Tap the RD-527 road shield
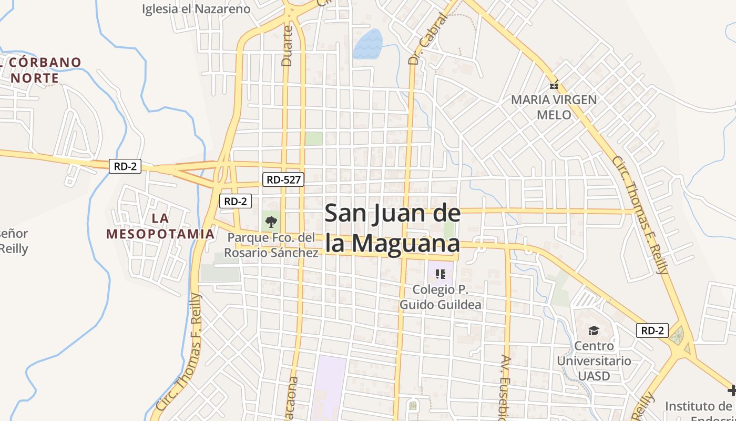(x=283, y=179)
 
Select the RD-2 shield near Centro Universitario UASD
(x=652, y=330)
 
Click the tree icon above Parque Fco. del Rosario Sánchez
(x=271, y=222)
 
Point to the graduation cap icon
(x=594, y=330)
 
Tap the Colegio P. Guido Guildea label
(x=441, y=297)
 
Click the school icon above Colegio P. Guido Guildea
(x=441, y=274)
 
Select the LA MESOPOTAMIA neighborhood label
(x=160, y=226)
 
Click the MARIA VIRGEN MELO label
(x=554, y=107)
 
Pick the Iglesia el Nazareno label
(x=196, y=9)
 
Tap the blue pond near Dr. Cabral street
(x=367, y=44)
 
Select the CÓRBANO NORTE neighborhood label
(x=43, y=70)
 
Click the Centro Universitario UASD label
(x=594, y=361)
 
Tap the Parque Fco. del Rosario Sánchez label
(x=271, y=245)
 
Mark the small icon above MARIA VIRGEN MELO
(x=554, y=85)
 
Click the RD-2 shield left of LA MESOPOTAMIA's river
(x=125, y=166)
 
